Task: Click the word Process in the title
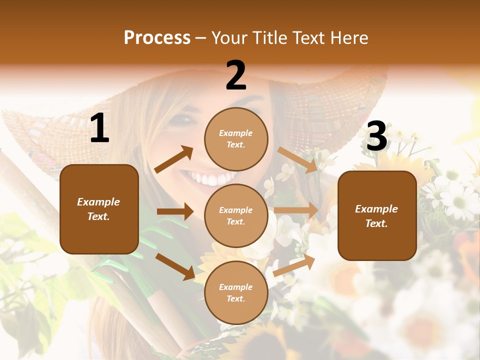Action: pyautogui.click(x=157, y=37)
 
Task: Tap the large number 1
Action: pyautogui.click(x=99, y=128)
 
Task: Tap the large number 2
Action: pyautogui.click(x=236, y=75)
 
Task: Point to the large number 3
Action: pyautogui.click(x=376, y=136)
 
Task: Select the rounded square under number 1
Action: pyautogui.click(x=99, y=209)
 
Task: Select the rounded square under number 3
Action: pyautogui.click(x=377, y=215)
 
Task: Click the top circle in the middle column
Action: pyautogui.click(x=236, y=139)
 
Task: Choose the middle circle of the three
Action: pyautogui.click(x=236, y=215)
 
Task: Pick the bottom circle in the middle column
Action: pyautogui.click(x=236, y=292)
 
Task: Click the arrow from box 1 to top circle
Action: pyautogui.click(x=174, y=159)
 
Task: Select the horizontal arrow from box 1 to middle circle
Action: pyautogui.click(x=175, y=211)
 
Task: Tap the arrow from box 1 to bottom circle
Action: pyautogui.click(x=175, y=266)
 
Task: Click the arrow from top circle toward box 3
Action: pyautogui.click(x=297, y=160)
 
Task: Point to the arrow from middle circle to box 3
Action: pyautogui.click(x=296, y=210)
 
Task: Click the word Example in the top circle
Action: pyautogui.click(x=236, y=133)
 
